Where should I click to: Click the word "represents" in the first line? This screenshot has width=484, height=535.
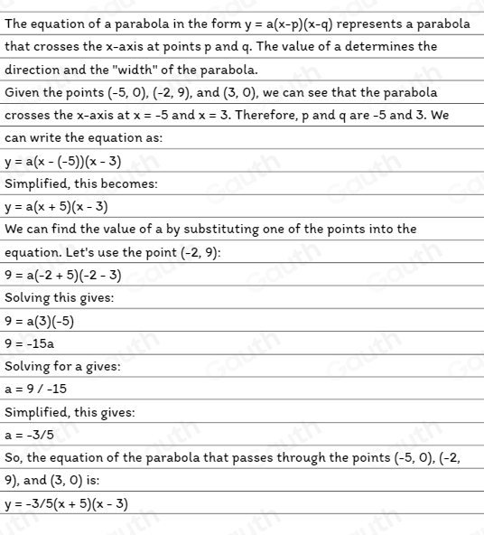point(362,23)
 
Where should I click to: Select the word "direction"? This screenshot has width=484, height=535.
point(33,70)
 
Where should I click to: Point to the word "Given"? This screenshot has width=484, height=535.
point(23,92)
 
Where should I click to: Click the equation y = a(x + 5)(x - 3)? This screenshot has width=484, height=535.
point(56,207)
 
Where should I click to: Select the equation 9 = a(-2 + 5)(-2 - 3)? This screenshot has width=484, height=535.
point(62,275)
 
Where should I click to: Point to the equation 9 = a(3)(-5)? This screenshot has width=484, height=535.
point(39,321)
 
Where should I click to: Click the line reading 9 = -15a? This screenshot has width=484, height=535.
point(30,343)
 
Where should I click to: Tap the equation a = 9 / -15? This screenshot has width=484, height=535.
point(36,390)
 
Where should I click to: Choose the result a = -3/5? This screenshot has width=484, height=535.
point(29,435)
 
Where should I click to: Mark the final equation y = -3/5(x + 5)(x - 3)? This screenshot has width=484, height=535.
point(66,503)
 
